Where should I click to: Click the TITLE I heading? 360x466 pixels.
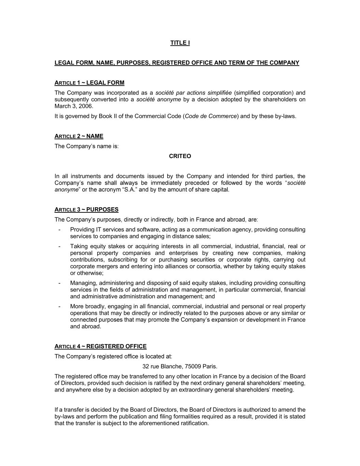pos(180,43)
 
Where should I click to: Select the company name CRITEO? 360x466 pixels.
pos(180,156)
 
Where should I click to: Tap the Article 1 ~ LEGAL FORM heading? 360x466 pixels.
pos(89,83)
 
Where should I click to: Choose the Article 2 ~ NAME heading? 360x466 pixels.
pos(79,136)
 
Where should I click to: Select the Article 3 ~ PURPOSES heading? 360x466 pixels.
pos(86,210)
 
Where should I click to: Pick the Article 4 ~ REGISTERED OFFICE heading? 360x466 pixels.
pos(100,347)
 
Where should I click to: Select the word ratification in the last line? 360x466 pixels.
pos(193,423)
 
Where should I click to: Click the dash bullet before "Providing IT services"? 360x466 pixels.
pos(60,230)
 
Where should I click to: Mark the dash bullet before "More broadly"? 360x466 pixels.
pos(60,307)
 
